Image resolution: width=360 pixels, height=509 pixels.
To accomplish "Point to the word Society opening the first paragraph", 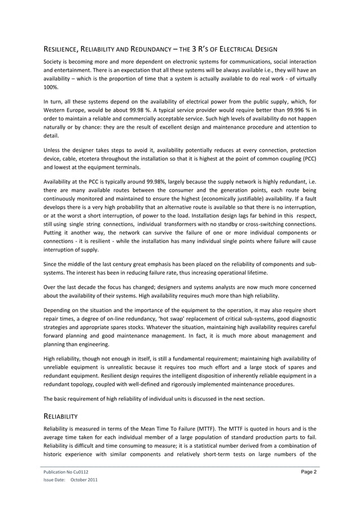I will point(54,61).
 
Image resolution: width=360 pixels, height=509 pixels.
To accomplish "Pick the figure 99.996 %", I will point(294,109).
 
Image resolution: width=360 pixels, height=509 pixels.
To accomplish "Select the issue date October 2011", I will point(84,480).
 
